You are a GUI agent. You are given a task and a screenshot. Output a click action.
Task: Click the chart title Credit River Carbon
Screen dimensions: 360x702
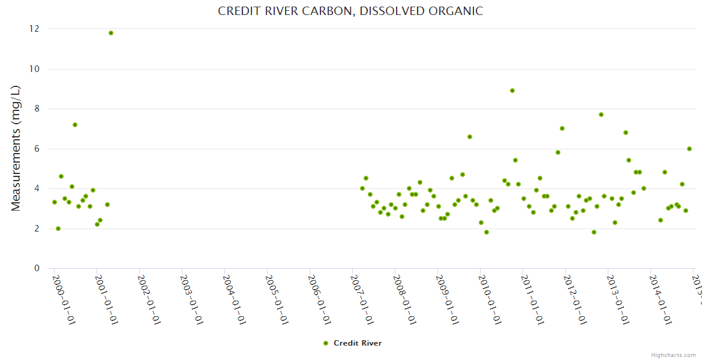coord(350,11)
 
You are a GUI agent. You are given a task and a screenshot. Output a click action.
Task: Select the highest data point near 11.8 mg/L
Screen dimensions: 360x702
coord(111,33)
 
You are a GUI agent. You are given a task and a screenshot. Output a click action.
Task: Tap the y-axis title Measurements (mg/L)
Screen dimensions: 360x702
coord(16,148)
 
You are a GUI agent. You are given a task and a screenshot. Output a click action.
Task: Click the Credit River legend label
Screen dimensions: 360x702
coord(358,343)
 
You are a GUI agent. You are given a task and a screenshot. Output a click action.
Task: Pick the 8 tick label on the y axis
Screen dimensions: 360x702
coord(37,109)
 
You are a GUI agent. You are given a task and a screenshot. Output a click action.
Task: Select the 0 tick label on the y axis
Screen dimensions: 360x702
coord(37,268)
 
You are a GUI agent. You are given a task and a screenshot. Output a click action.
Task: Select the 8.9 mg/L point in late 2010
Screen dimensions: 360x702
coord(512,91)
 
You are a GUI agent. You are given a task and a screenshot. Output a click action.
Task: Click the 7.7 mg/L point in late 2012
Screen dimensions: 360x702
coord(601,115)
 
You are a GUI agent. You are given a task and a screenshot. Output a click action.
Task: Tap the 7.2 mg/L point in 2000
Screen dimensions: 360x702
coord(75,125)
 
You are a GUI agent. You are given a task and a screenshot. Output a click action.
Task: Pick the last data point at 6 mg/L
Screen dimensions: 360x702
coord(689,149)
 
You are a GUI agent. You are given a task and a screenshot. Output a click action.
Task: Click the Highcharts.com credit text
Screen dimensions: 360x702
coord(673,355)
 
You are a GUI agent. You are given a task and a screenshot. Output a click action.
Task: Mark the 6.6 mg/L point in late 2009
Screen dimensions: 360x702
coord(470,137)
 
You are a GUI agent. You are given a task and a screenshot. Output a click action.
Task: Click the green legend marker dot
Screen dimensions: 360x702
coord(326,343)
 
